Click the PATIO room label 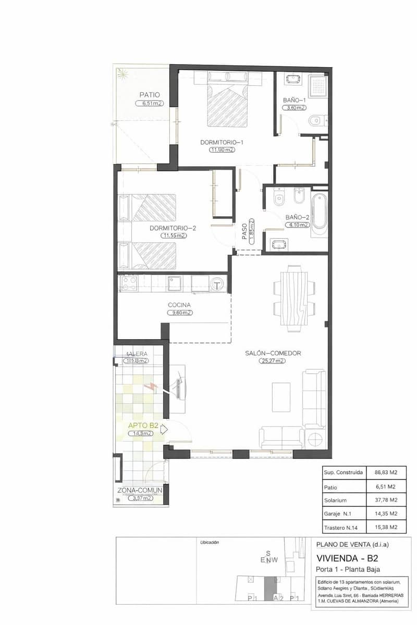point(149,95)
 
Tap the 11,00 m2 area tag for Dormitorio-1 point(222,150)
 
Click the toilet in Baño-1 point(315,121)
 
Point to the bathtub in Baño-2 point(318,214)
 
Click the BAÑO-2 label point(298,217)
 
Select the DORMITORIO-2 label point(173,228)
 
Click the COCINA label point(179,305)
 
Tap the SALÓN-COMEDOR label point(273,353)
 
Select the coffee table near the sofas point(281,397)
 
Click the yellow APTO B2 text point(143,426)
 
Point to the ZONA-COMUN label point(140,490)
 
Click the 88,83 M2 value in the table point(386,472)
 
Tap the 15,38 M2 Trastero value point(386,527)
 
